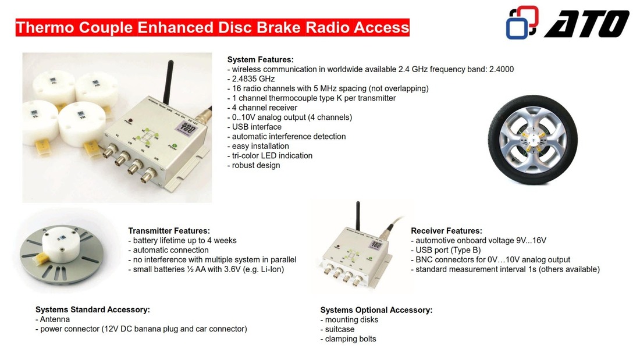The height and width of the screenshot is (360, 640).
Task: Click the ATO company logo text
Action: (587, 24)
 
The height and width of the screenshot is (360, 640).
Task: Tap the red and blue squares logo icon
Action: (522, 23)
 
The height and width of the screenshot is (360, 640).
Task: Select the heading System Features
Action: (261, 59)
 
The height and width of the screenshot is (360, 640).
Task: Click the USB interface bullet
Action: (254, 127)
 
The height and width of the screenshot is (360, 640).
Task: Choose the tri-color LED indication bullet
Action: (270, 155)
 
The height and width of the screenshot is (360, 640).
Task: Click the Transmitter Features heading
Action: (169, 231)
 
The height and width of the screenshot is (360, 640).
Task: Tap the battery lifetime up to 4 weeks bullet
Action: (183, 240)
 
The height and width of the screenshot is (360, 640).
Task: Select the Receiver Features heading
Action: (446, 231)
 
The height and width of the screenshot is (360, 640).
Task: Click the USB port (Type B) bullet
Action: (446, 250)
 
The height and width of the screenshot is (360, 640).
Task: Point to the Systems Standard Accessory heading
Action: (93, 309)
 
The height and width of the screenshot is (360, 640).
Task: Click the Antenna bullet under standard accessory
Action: (52, 319)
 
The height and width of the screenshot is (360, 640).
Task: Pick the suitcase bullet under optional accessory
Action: (337, 329)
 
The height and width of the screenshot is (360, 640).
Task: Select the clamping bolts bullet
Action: (348, 339)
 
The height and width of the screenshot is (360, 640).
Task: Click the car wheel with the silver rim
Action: (532, 140)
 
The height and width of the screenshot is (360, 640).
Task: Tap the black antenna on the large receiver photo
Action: (168, 81)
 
